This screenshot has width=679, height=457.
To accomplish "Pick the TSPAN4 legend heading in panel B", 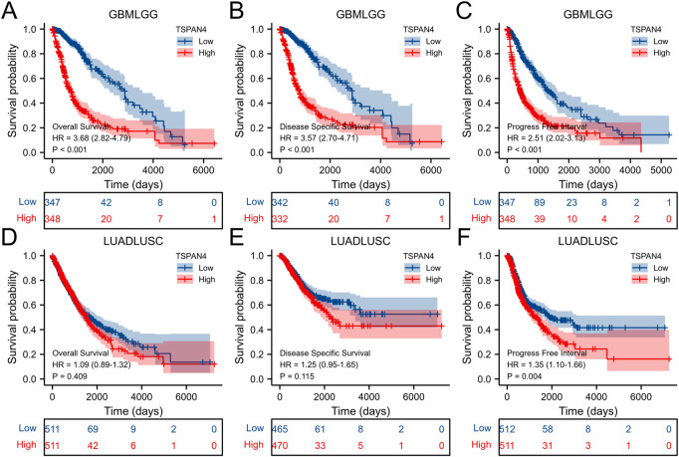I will [x=420, y=26].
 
